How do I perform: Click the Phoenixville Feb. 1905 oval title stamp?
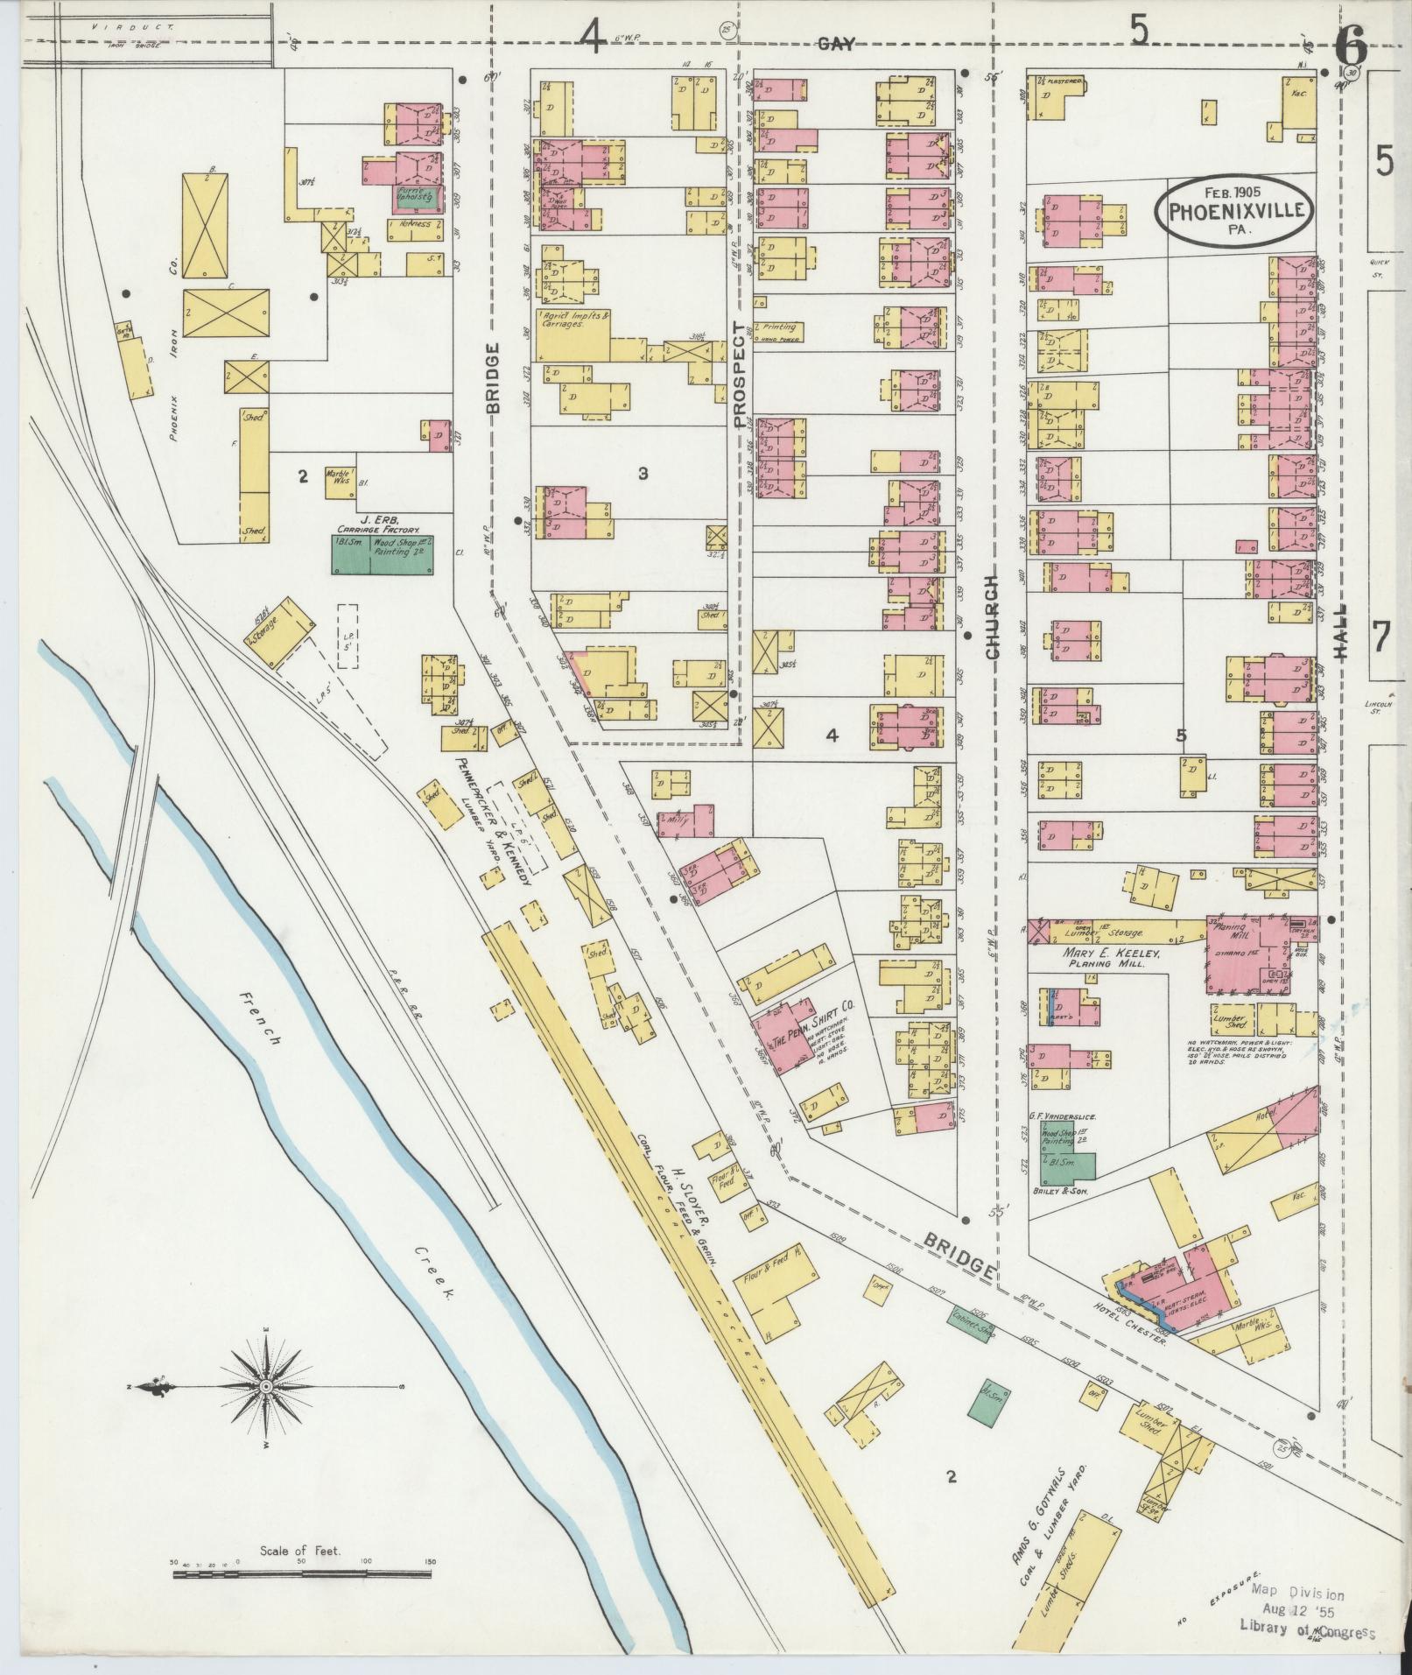coord(1235,209)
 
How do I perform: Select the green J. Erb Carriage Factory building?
coord(383,554)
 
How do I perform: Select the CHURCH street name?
coord(992,616)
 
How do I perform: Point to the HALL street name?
coord(1342,632)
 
